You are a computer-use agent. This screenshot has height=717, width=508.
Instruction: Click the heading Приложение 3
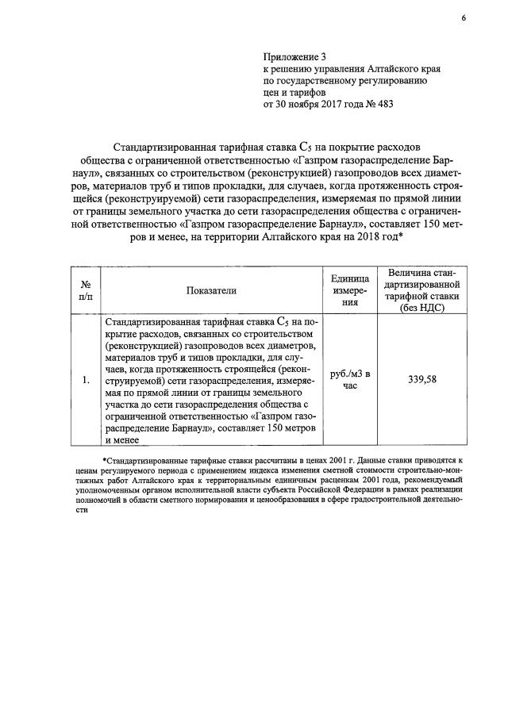pyautogui.click(x=294, y=57)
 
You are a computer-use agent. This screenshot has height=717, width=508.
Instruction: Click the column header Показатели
pyautogui.click(x=212, y=291)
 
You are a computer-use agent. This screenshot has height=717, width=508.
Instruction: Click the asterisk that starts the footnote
pyautogui.click(x=104, y=460)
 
